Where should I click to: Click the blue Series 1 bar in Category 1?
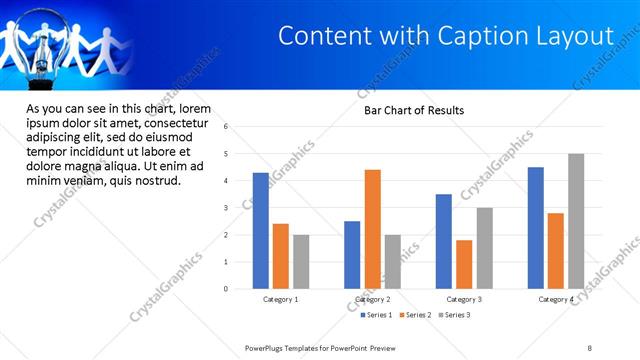pos(261,231)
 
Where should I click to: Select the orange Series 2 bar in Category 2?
pos(372,229)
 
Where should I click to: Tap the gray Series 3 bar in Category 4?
pos(576,221)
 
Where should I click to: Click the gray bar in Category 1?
pos(301,262)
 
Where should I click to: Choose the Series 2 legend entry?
pos(416,315)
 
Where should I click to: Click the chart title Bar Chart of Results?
pos(413,110)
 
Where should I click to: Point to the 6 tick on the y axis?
pos(227,127)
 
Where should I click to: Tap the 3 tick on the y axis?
pos(227,208)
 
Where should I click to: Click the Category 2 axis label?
pos(372,299)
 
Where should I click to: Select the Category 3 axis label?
pos(464,299)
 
